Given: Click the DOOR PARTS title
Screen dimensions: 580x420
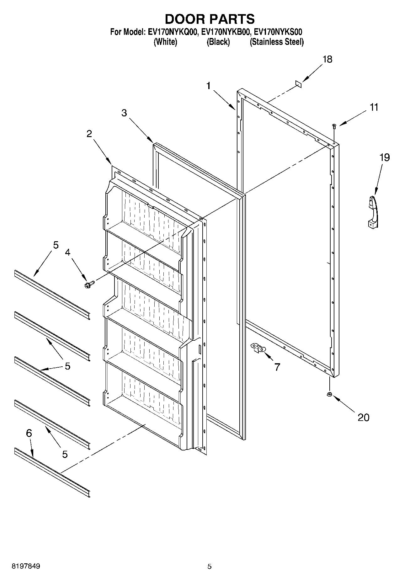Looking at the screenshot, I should click(210, 19).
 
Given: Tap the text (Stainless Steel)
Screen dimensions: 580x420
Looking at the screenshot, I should click(277, 42).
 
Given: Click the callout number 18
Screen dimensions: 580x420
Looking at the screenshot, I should click(327, 59).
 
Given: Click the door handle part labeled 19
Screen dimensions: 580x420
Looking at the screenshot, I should click(373, 211).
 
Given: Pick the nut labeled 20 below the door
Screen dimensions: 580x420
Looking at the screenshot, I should click(329, 395).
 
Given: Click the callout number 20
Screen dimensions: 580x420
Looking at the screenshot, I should click(364, 417).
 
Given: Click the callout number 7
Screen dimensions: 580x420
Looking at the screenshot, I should click(277, 367).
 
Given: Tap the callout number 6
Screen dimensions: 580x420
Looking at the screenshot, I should click(29, 433).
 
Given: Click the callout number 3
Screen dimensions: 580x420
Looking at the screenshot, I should click(124, 113).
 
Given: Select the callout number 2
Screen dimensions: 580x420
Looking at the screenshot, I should click(89, 134).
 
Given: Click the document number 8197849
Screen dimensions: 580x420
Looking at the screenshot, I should click(26, 566).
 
